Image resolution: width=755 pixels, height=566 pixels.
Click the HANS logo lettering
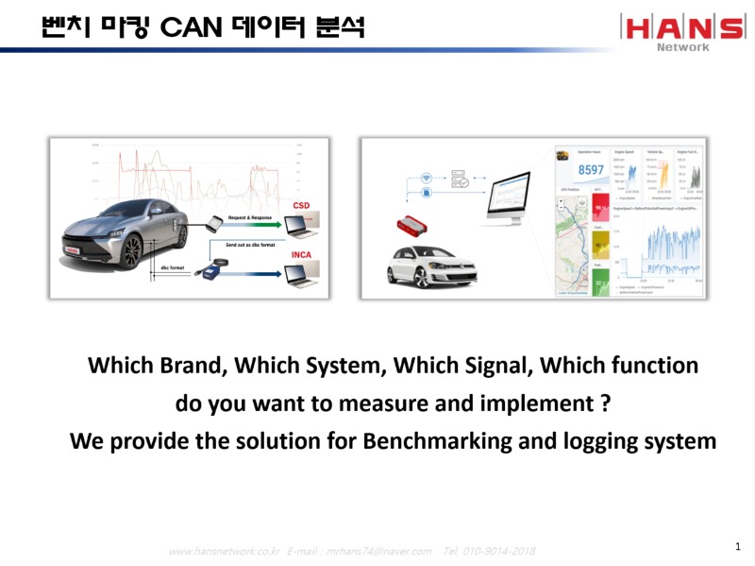(x=681, y=27)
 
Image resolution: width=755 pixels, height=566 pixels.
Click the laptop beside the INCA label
(x=301, y=274)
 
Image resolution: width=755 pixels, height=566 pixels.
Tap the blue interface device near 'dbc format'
(x=210, y=275)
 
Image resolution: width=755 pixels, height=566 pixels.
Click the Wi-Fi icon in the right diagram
(x=425, y=177)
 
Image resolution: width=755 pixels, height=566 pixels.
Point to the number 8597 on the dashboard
(x=592, y=170)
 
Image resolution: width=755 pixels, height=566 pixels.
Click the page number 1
(x=737, y=547)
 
